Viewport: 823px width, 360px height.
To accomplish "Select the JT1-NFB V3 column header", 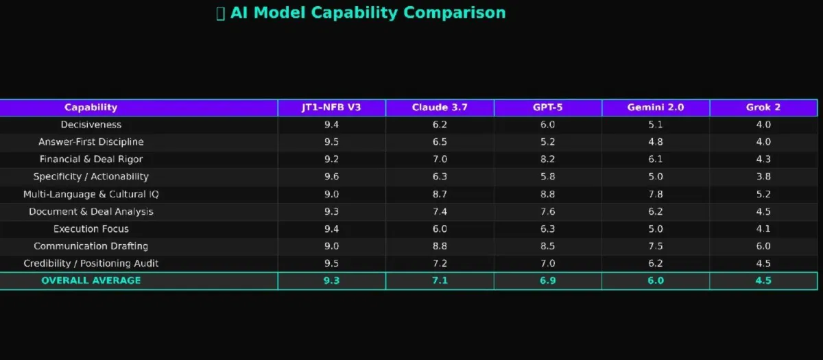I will click(331, 108).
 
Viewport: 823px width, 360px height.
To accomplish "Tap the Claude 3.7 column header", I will click(440, 108).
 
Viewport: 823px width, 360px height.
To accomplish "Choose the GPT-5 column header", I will click(547, 108).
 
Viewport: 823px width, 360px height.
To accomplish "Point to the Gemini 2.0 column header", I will click(655, 108).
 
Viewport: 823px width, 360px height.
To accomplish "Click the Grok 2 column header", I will click(763, 108).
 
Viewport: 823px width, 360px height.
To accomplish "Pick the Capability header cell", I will click(91, 108).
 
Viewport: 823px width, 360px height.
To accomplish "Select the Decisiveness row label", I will click(91, 125).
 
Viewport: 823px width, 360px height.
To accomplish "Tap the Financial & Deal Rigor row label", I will click(91, 159).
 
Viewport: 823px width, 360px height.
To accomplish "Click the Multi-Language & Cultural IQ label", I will click(91, 194).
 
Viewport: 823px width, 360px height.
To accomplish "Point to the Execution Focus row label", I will click(91, 228).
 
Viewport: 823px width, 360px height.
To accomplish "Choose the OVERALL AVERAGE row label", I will click(91, 280).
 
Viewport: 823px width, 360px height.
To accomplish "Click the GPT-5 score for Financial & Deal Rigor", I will click(547, 159).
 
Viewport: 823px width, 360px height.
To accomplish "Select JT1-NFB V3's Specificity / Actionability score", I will click(331, 177).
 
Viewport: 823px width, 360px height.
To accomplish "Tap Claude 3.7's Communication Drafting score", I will click(440, 246).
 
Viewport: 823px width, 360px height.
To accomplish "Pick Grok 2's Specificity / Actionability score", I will click(763, 177).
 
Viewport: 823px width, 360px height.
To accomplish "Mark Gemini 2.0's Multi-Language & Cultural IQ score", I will click(655, 194).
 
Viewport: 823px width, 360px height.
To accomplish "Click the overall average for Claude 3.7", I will click(440, 280).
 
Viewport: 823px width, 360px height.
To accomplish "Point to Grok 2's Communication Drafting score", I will click(763, 246).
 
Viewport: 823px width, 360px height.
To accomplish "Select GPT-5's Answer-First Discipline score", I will click(547, 142).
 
